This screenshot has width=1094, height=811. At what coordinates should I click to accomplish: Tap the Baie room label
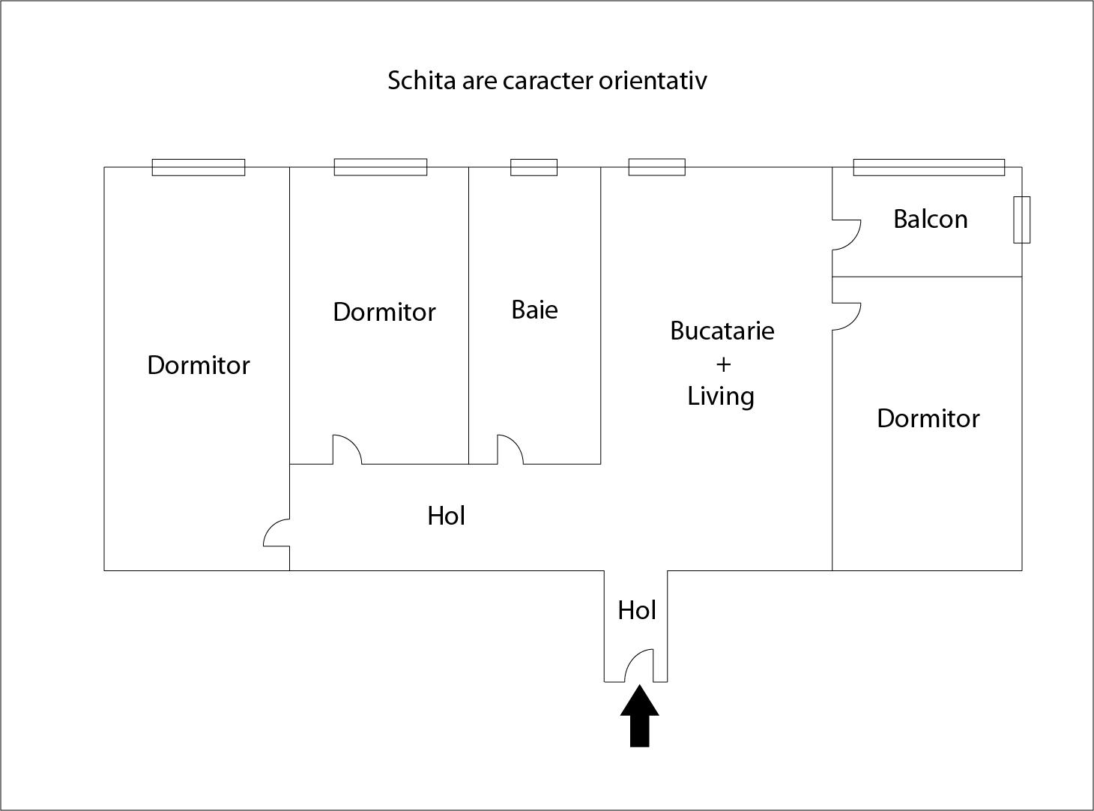(x=534, y=310)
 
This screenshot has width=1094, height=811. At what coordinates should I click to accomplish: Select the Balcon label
(x=930, y=219)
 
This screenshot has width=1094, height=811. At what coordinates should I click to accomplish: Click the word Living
(x=721, y=397)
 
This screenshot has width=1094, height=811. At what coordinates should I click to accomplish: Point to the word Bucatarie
(x=722, y=331)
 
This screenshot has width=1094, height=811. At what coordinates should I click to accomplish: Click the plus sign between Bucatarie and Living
(x=722, y=364)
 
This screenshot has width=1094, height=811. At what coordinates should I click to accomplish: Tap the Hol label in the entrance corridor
(x=636, y=610)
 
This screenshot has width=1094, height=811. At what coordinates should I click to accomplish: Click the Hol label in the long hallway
(x=446, y=516)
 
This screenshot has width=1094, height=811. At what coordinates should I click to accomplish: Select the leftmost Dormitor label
(x=198, y=365)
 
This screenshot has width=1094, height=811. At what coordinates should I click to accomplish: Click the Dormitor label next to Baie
(x=384, y=312)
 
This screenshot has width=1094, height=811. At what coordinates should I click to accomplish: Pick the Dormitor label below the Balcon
(x=928, y=418)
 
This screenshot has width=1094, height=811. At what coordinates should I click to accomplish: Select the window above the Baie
(x=534, y=167)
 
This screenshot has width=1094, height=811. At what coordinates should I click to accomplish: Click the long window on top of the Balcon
(x=928, y=167)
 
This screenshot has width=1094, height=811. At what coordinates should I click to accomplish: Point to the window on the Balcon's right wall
(x=1021, y=220)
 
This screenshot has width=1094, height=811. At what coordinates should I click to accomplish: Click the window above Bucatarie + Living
(x=656, y=167)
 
